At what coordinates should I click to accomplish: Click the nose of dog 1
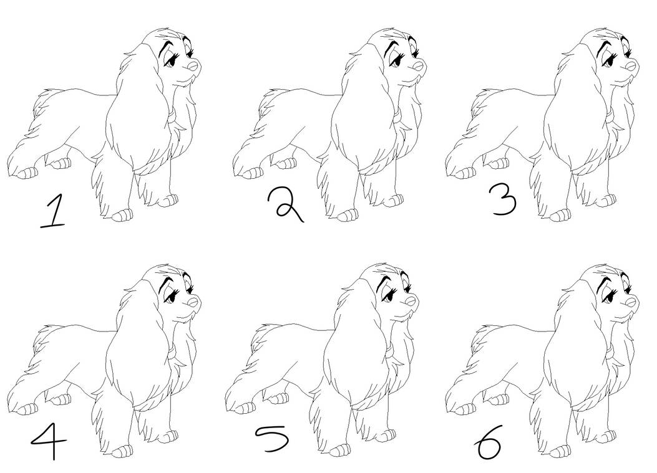193,65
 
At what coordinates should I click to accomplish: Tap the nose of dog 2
419,65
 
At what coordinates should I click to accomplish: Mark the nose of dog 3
631,65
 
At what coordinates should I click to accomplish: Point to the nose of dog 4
193,301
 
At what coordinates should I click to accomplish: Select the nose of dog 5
411,301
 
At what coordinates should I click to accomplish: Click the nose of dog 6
631,301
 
